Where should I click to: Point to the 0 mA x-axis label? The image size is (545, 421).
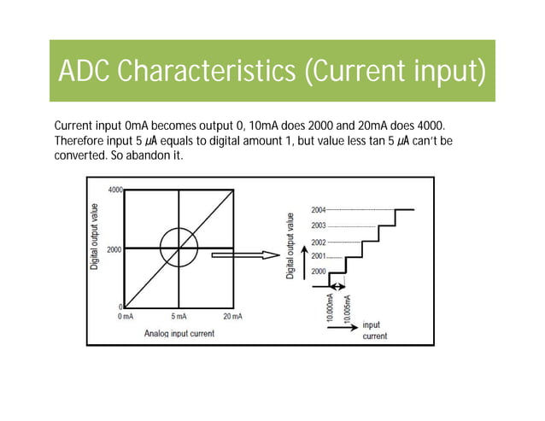(x=125, y=316)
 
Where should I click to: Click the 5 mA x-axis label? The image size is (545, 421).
(x=179, y=316)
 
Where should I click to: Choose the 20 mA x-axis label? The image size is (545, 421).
(x=232, y=316)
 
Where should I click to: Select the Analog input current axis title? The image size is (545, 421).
(x=179, y=333)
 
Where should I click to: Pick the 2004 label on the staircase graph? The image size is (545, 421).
(x=318, y=209)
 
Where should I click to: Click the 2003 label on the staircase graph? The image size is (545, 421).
(x=318, y=225)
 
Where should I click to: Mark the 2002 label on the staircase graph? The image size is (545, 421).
(x=318, y=243)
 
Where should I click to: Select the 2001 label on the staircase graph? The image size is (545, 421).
(x=318, y=256)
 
